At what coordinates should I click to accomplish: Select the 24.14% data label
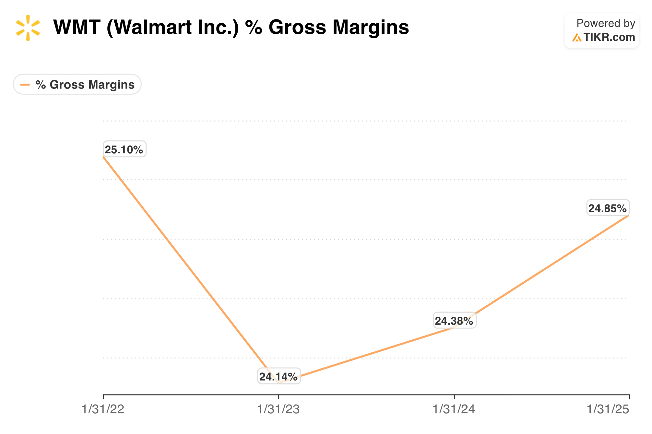[x=279, y=376]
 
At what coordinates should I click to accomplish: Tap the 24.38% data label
[x=454, y=321]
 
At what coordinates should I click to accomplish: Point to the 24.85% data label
[x=608, y=208]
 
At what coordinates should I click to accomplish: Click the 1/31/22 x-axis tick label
[x=103, y=409]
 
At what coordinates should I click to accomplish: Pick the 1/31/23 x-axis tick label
[x=278, y=409]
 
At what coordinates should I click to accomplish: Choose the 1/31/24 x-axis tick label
[x=454, y=409]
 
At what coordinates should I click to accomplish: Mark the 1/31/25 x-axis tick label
[x=608, y=409]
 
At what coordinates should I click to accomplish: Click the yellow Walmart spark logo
[x=28, y=28]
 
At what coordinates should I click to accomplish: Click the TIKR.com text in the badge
[x=609, y=37]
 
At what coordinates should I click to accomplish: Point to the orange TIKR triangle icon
[x=576, y=38]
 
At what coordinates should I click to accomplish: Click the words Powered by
[x=606, y=23]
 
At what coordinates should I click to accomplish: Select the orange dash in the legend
[x=25, y=84]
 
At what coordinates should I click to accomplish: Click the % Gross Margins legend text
[x=85, y=84]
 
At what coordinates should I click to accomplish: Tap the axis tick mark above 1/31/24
[x=454, y=397]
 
